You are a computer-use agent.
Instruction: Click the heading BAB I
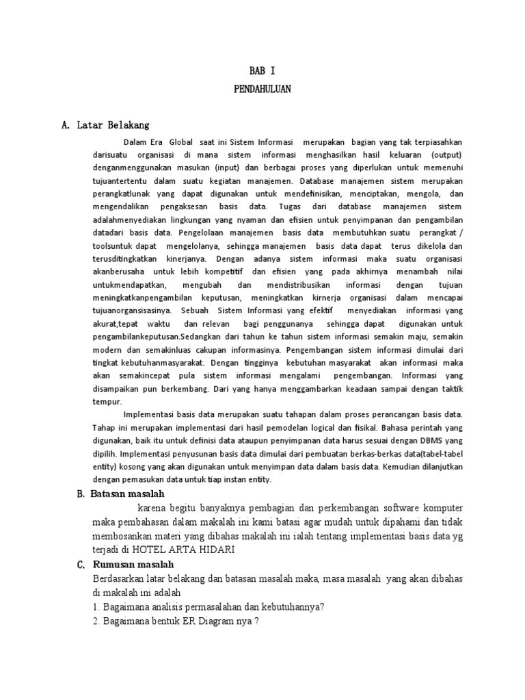(x=262, y=70)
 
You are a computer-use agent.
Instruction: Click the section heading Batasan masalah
(x=127, y=493)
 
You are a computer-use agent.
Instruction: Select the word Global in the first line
(x=180, y=142)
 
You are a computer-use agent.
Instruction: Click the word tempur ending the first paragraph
(x=107, y=403)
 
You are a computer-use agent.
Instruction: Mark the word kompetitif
(x=210, y=271)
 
